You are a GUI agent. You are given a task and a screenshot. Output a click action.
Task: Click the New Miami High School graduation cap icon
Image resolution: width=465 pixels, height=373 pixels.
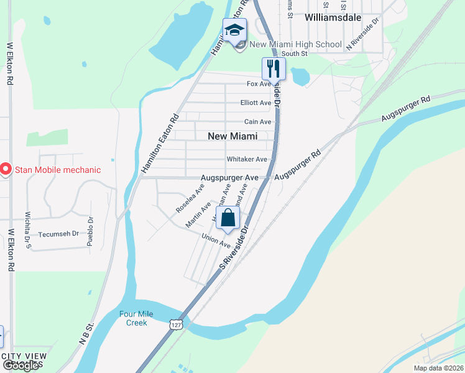(236, 30)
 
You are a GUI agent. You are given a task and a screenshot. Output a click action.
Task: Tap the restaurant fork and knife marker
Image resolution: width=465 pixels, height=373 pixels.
(273, 67)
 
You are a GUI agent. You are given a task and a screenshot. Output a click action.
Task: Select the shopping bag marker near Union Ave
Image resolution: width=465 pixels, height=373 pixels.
(228, 218)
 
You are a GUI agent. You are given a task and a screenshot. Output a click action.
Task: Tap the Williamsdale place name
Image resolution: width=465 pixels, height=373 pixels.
(333, 17)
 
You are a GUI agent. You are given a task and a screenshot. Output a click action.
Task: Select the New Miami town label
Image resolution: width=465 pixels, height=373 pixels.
(233, 136)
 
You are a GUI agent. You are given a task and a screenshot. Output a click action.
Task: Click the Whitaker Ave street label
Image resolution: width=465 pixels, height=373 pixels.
(247, 159)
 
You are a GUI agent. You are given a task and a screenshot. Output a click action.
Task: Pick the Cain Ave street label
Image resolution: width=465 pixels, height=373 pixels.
(257, 122)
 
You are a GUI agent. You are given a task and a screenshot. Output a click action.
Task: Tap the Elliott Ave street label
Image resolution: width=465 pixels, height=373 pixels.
(256, 103)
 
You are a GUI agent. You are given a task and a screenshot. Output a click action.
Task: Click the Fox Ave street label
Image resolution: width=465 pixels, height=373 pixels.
(259, 84)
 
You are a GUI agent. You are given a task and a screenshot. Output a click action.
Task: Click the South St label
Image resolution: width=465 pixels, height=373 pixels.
(295, 54)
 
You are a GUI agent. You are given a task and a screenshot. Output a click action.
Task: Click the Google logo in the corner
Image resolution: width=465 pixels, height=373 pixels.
(21, 366)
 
